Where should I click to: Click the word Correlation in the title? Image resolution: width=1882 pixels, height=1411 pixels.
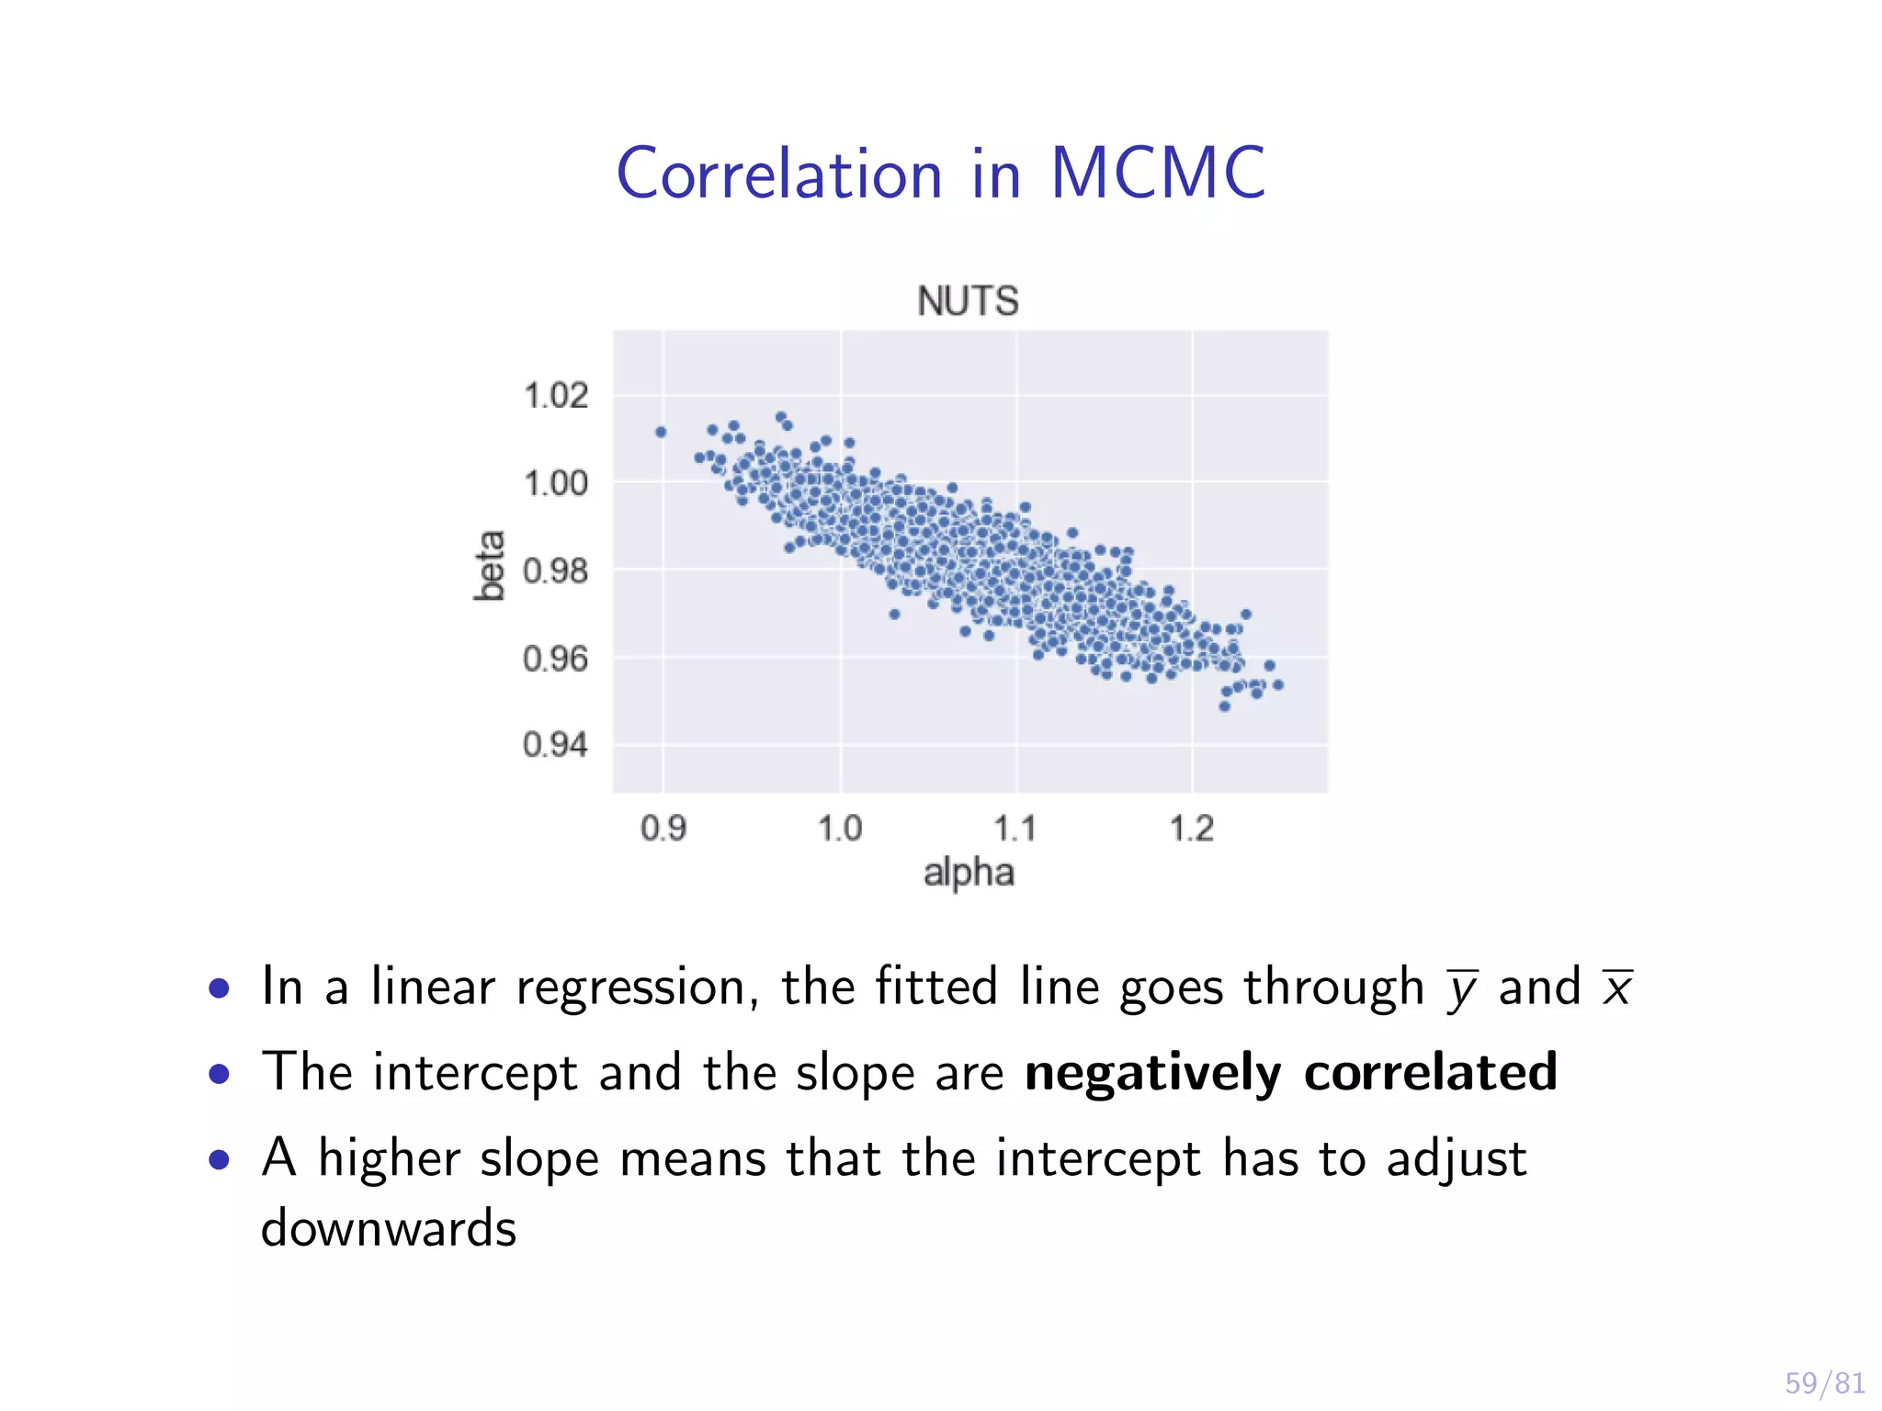779,175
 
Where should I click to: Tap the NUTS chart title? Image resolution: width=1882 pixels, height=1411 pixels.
968,301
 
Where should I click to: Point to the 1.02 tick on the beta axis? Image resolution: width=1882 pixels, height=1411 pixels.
555,396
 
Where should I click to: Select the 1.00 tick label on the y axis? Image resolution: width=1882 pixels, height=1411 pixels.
555,483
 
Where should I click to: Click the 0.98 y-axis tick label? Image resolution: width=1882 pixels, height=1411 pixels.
555,570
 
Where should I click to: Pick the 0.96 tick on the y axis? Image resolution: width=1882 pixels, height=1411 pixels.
555,659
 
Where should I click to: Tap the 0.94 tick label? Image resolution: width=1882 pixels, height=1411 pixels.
555,744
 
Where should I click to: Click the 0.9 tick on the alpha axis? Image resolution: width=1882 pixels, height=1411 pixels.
663,829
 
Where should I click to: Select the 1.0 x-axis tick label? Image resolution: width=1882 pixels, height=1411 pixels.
840,829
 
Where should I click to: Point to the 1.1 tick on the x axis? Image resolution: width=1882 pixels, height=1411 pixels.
1015,829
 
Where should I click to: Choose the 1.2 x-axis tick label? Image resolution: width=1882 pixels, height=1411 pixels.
1192,829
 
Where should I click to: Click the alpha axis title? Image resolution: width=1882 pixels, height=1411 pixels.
969,873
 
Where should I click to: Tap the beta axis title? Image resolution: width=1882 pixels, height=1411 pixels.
490,566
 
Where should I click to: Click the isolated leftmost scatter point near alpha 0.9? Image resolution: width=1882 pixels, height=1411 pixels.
661,432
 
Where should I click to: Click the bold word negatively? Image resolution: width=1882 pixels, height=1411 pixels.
1152,1073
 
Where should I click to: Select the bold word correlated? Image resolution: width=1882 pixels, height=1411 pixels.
1430,1071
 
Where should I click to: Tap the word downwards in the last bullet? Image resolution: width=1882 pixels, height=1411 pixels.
389,1228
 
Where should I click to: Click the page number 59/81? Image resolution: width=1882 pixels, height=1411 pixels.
1824,1383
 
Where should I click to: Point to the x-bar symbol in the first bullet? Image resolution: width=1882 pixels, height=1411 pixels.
1617,988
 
